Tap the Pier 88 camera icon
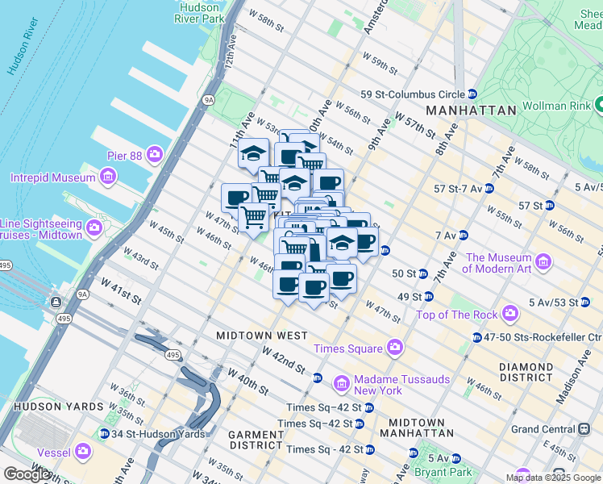tap(154, 154)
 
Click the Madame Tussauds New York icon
tap(342, 382)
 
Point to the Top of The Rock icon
tap(509, 313)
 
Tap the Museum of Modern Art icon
tap(543, 261)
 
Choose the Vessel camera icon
tap(83, 451)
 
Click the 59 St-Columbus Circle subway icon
tap(472, 94)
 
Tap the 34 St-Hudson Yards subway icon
tap(104, 434)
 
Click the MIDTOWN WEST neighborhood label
tap(261, 335)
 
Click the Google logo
tap(27, 474)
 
